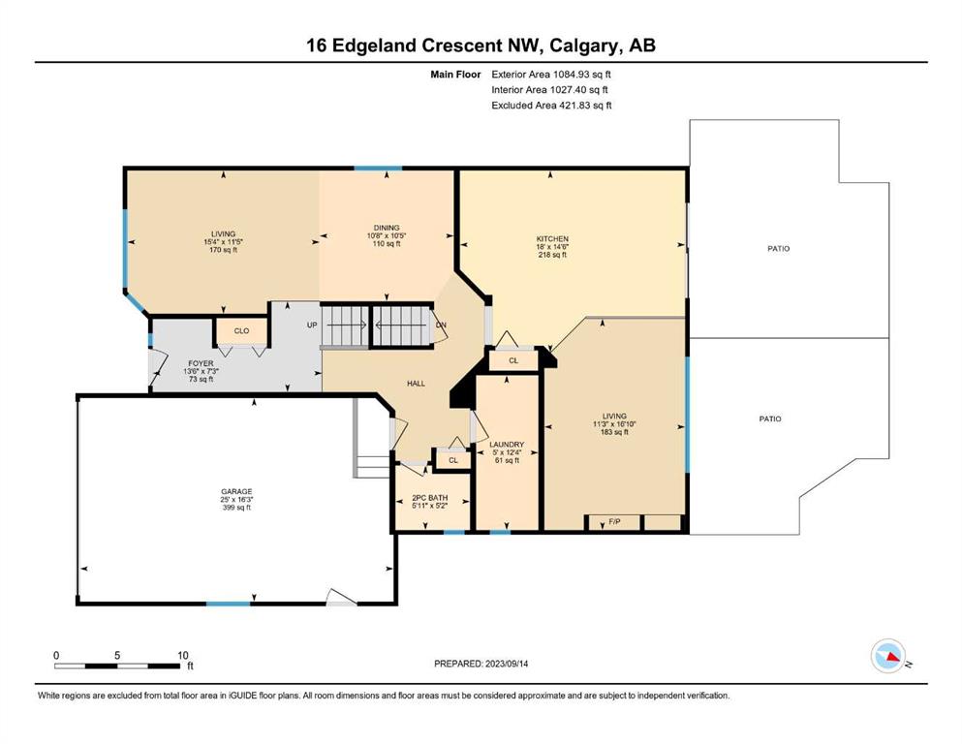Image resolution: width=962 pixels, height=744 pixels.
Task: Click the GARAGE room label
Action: click(236, 491)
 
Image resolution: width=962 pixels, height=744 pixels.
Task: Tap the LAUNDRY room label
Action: click(507, 444)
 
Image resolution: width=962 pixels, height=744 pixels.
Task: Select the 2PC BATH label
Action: click(429, 497)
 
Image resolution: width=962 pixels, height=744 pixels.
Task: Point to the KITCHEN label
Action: click(552, 238)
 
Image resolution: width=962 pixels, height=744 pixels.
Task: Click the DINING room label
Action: click(387, 228)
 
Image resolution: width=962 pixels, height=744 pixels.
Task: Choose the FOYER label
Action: click(201, 363)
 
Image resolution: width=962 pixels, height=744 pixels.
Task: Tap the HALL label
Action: click(416, 384)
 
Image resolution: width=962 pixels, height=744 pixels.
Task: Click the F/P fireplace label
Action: click(614, 522)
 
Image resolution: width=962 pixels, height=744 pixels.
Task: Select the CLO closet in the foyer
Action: click(242, 330)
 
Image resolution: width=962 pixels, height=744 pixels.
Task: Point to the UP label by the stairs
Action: click(312, 325)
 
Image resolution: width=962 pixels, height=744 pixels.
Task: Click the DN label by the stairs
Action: click(441, 325)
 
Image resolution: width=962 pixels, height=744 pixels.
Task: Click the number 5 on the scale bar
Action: click(117, 655)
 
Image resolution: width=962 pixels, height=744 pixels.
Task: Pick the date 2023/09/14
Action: click(507, 663)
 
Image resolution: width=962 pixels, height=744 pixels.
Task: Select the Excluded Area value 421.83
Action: click(575, 105)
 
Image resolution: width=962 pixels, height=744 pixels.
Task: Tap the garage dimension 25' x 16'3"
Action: click(236, 499)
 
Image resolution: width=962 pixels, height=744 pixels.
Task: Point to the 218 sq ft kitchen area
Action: click(552, 255)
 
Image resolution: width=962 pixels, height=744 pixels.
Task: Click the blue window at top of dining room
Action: click(378, 168)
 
